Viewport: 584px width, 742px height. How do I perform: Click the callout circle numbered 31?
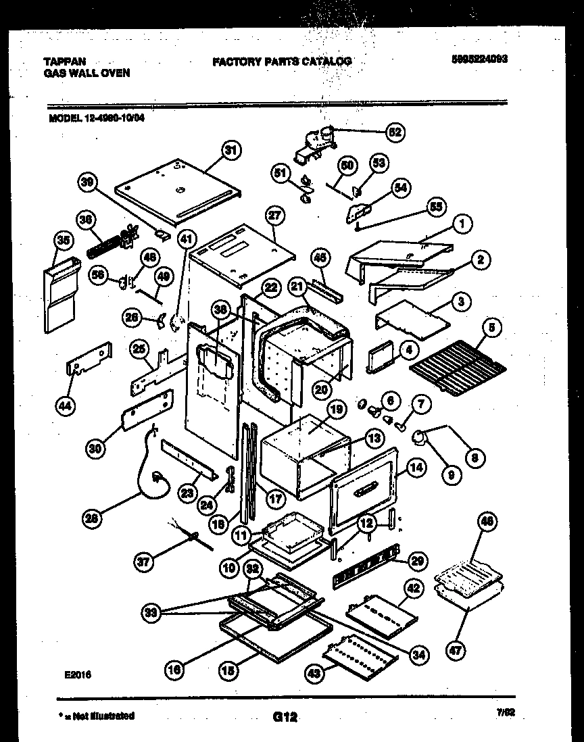tap(231, 151)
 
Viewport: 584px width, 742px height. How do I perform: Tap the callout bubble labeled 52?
tap(394, 132)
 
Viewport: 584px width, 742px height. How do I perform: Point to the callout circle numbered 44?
tap(66, 405)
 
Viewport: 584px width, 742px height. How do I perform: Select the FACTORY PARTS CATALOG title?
tap(282, 61)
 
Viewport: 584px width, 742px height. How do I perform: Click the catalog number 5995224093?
tap(479, 59)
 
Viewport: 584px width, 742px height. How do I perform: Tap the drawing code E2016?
tap(78, 674)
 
